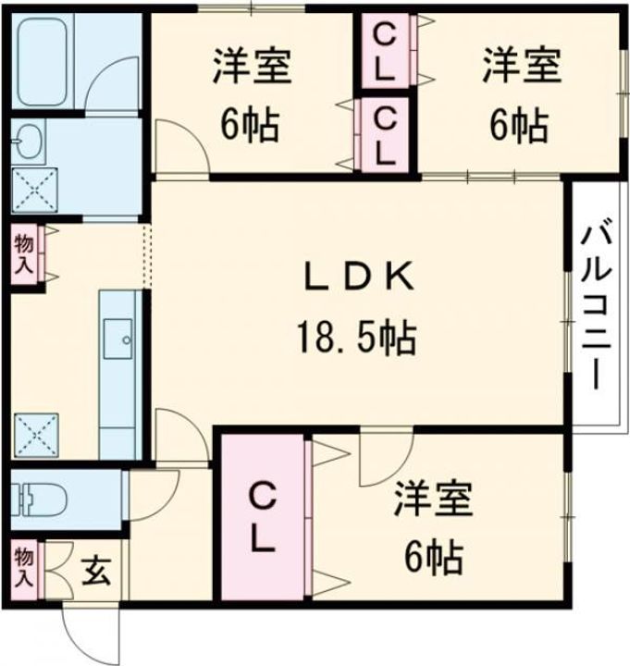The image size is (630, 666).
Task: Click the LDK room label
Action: tap(355, 277)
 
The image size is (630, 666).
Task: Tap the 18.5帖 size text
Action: tap(355, 339)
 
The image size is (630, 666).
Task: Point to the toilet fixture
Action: tap(37, 500)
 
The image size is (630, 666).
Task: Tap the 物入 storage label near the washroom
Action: tap(24, 254)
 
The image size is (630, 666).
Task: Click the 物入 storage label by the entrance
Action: tap(24, 567)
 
